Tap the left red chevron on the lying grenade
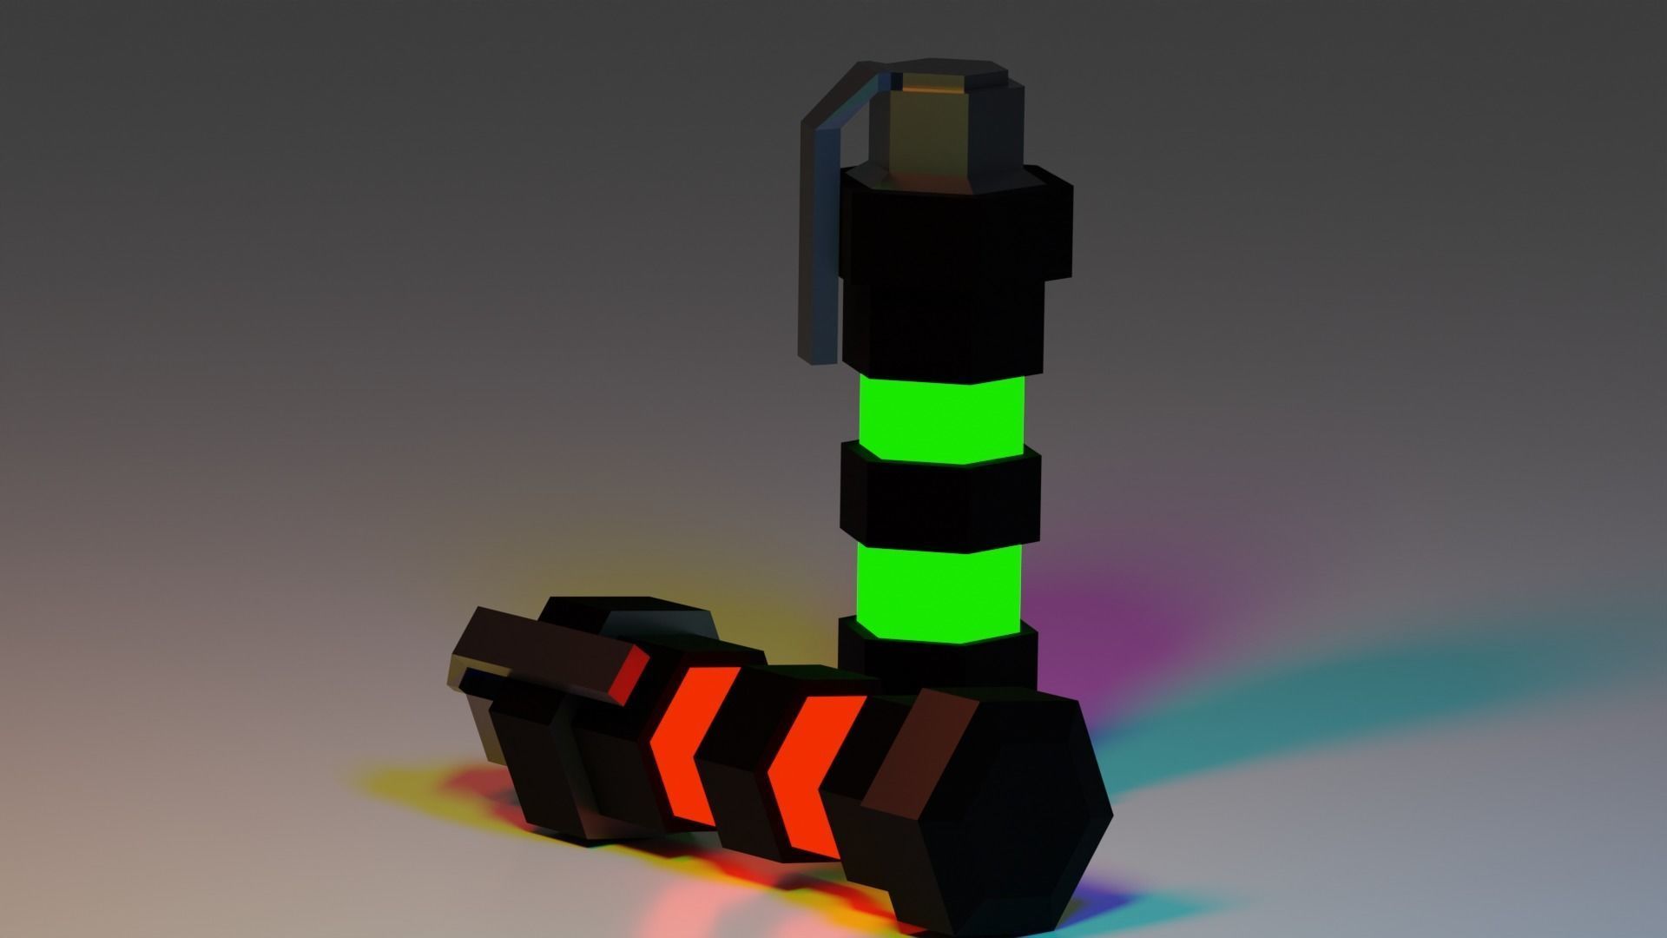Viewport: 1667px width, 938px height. click(x=686, y=747)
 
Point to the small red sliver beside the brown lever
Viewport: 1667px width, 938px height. click(x=629, y=673)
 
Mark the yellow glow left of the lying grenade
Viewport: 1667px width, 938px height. click(x=408, y=782)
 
